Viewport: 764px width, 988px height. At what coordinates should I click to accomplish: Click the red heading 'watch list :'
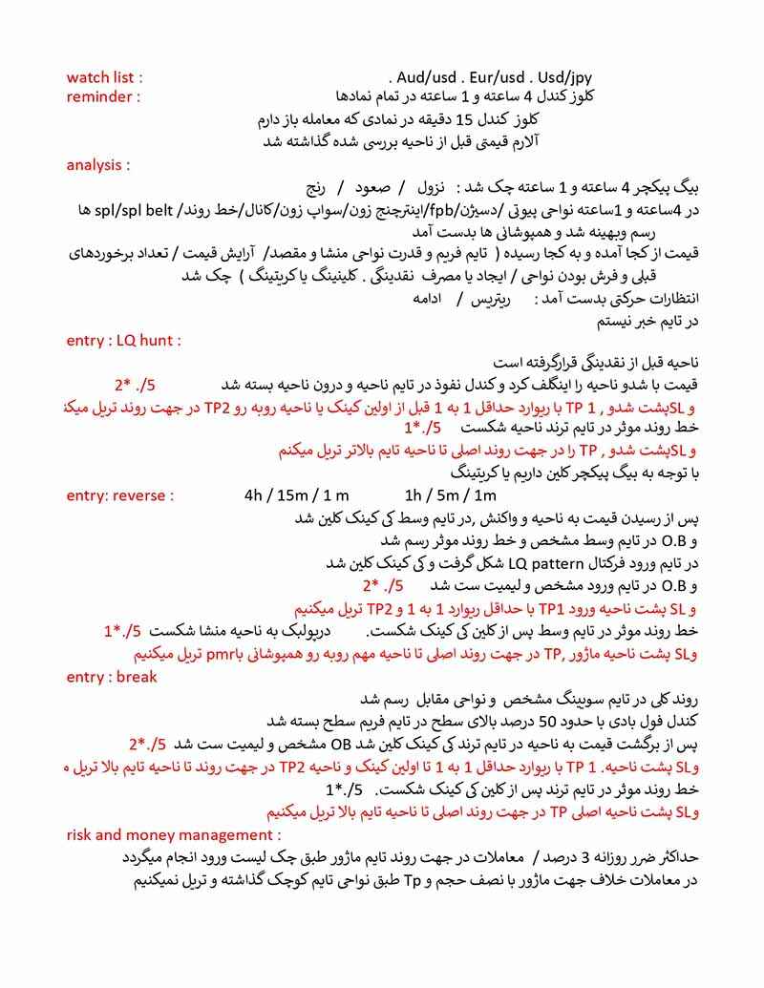pyautogui.click(x=105, y=77)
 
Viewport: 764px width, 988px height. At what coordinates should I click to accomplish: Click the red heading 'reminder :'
pyautogui.click(x=103, y=96)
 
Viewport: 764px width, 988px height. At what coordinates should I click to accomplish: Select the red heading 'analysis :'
pyautogui.click(x=98, y=165)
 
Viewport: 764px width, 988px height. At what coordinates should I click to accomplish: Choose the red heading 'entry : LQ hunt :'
pyautogui.click(x=124, y=340)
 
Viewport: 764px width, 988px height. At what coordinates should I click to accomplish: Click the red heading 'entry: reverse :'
pyautogui.click(x=120, y=495)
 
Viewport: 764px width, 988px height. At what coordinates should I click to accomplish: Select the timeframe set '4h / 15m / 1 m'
pyautogui.click(x=297, y=495)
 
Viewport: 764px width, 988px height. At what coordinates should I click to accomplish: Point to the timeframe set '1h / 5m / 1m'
pyautogui.click(x=451, y=495)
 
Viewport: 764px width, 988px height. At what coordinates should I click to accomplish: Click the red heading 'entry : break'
pyautogui.click(x=112, y=677)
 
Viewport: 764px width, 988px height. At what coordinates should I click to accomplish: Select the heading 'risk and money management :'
pyautogui.click(x=161, y=835)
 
